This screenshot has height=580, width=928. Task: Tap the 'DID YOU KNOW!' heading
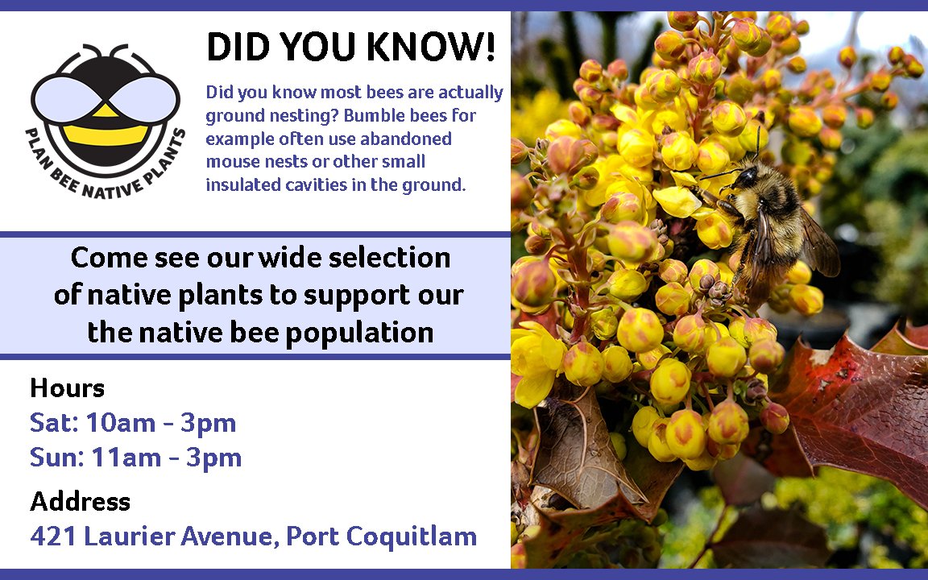click(x=351, y=48)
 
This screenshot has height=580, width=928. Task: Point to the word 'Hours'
click(x=67, y=388)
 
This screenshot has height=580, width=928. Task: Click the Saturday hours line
click(x=133, y=423)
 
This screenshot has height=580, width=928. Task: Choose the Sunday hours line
click(x=135, y=458)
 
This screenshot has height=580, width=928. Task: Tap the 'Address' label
click(x=80, y=502)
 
